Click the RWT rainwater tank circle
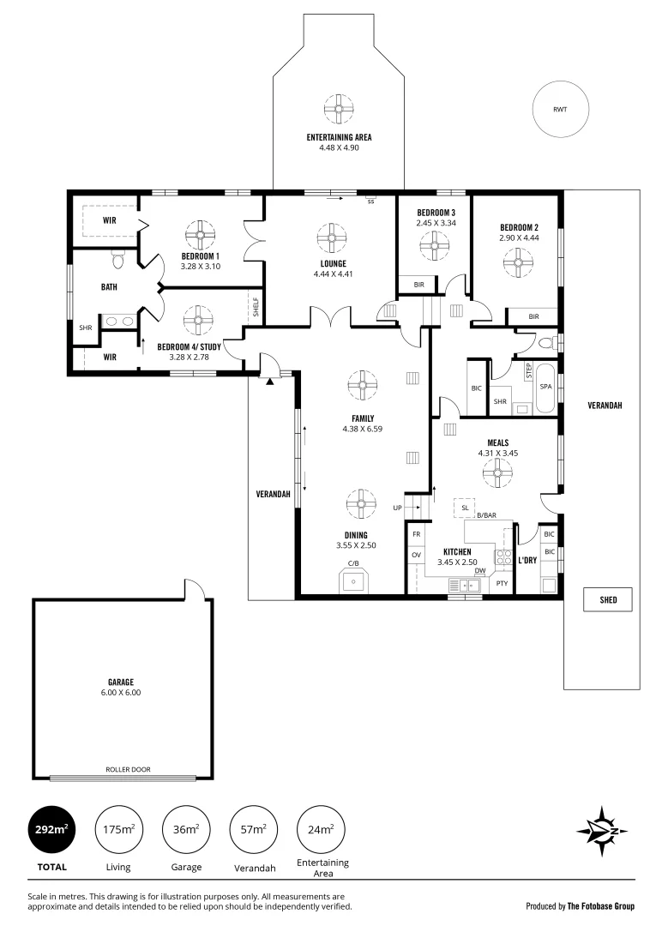pyautogui.click(x=560, y=109)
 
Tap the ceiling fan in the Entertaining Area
pyautogui.click(x=339, y=109)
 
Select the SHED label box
pyautogui.click(x=608, y=600)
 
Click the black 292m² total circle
pyautogui.click(x=50, y=829)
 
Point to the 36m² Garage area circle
pyautogui.click(x=187, y=829)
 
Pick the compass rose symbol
pyautogui.click(x=604, y=830)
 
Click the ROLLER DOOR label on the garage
pyautogui.click(x=128, y=769)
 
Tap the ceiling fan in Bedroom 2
pyautogui.click(x=517, y=260)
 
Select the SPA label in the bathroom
pyautogui.click(x=545, y=387)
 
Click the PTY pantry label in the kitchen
pyautogui.click(x=503, y=583)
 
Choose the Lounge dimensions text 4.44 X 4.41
pyautogui.click(x=333, y=274)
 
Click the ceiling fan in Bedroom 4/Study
pyautogui.click(x=198, y=321)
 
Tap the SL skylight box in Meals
pyautogui.click(x=465, y=508)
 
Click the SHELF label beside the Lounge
pyautogui.click(x=255, y=306)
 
